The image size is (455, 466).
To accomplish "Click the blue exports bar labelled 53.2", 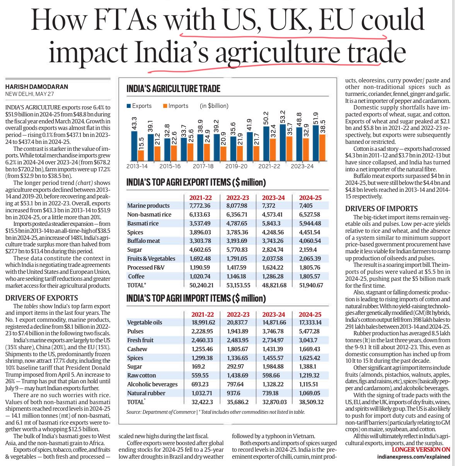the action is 283,142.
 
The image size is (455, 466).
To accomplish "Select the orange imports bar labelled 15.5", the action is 141,155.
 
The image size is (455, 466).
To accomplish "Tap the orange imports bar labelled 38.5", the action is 322,147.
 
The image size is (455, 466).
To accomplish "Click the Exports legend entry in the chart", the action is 139,106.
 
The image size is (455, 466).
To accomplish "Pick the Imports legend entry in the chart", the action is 176,106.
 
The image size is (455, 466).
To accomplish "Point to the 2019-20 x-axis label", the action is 236,166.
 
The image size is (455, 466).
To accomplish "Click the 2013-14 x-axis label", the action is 137,166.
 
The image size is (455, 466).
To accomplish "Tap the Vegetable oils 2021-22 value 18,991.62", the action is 203,322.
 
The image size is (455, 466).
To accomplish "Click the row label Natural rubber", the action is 146,393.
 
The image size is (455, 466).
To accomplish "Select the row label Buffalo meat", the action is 143,241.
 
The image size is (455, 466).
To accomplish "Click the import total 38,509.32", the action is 311,402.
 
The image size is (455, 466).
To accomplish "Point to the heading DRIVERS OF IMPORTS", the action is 381,208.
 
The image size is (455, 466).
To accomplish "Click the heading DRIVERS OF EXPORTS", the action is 42,298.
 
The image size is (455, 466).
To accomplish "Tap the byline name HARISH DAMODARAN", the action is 37,87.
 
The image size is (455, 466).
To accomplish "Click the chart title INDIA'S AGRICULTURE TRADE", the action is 173,89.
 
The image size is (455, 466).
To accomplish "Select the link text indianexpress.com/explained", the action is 414,457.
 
